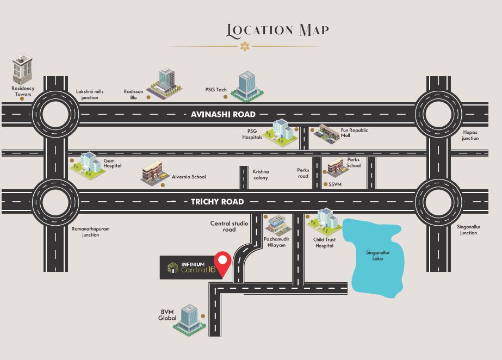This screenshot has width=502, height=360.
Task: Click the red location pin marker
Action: (x=222, y=264)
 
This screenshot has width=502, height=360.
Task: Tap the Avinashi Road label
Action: (x=223, y=114)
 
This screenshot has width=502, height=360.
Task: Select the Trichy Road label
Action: (x=218, y=202)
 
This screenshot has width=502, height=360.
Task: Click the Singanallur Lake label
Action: (x=378, y=256)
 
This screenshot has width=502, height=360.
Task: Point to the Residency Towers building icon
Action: (x=22, y=70)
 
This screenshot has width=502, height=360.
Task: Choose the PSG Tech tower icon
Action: (x=247, y=86)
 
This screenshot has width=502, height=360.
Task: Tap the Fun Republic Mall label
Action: (x=354, y=133)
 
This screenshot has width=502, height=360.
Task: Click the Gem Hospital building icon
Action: (x=88, y=165)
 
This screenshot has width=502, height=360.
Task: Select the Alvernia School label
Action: (x=189, y=177)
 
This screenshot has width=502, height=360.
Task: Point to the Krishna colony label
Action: (x=261, y=175)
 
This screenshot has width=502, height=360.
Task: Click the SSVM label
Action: (x=335, y=184)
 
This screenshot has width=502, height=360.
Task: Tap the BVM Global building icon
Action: (x=189, y=320)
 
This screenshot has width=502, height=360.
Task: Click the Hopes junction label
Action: (x=470, y=135)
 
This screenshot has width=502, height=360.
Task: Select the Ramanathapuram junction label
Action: (x=91, y=232)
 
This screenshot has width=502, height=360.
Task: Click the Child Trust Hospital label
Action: (x=324, y=243)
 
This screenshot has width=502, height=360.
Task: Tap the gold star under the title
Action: (x=244, y=46)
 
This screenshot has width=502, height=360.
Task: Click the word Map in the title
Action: (x=314, y=30)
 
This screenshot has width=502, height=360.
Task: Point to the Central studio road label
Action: (x=229, y=226)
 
